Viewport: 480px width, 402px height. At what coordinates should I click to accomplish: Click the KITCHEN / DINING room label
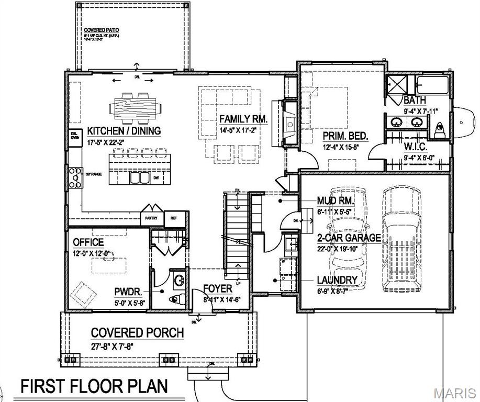pyautogui.click(x=124, y=130)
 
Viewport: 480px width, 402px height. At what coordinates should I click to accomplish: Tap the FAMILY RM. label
pyautogui.click(x=243, y=119)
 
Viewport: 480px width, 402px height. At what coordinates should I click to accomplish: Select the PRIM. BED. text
pyautogui.click(x=345, y=136)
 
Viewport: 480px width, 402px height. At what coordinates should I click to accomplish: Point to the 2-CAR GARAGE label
pyautogui.click(x=349, y=238)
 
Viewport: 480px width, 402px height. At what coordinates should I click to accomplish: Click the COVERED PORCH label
pyautogui.click(x=137, y=333)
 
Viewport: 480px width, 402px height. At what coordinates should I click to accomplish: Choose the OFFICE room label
pyautogui.click(x=88, y=242)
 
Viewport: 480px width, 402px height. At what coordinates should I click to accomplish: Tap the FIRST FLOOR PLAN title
pyautogui.click(x=94, y=387)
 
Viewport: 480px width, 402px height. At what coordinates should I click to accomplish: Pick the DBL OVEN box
pyautogui.click(x=75, y=136)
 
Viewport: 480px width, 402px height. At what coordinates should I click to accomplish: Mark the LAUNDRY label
pyautogui.click(x=337, y=280)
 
